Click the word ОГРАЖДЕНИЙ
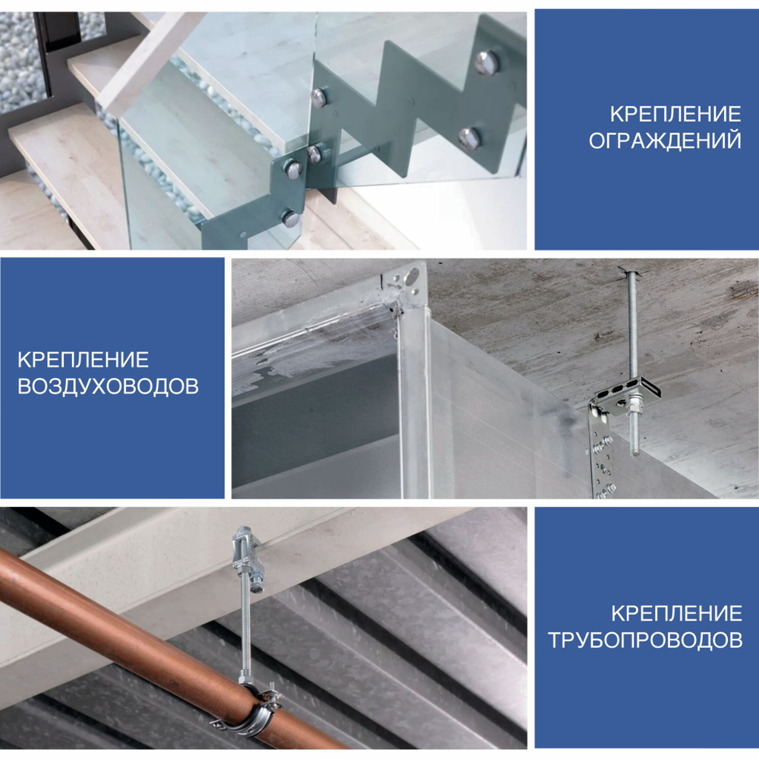665,140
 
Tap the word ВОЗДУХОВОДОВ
108,386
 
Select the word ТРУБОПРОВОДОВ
645,639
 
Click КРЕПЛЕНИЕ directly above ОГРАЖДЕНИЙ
676,115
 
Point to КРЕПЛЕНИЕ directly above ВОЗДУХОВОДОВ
83,360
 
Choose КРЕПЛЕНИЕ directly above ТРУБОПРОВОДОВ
676,613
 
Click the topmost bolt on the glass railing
486,63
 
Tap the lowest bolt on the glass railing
291,219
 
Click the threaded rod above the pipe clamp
245,629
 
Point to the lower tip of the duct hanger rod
635,454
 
